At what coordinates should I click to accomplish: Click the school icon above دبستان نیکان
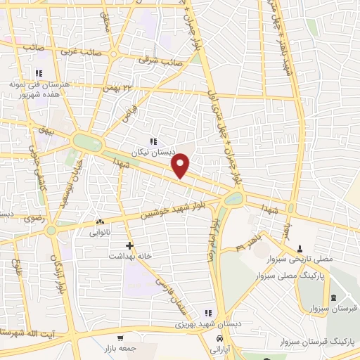tap(154, 141)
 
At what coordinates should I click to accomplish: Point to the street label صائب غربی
tap(78, 51)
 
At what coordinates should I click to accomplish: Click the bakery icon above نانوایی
tap(99, 221)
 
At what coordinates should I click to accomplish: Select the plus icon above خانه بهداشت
tap(130, 245)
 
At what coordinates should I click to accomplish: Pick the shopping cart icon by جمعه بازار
tap(120, 338)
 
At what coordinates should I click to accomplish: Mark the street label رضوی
tap(34, 219)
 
